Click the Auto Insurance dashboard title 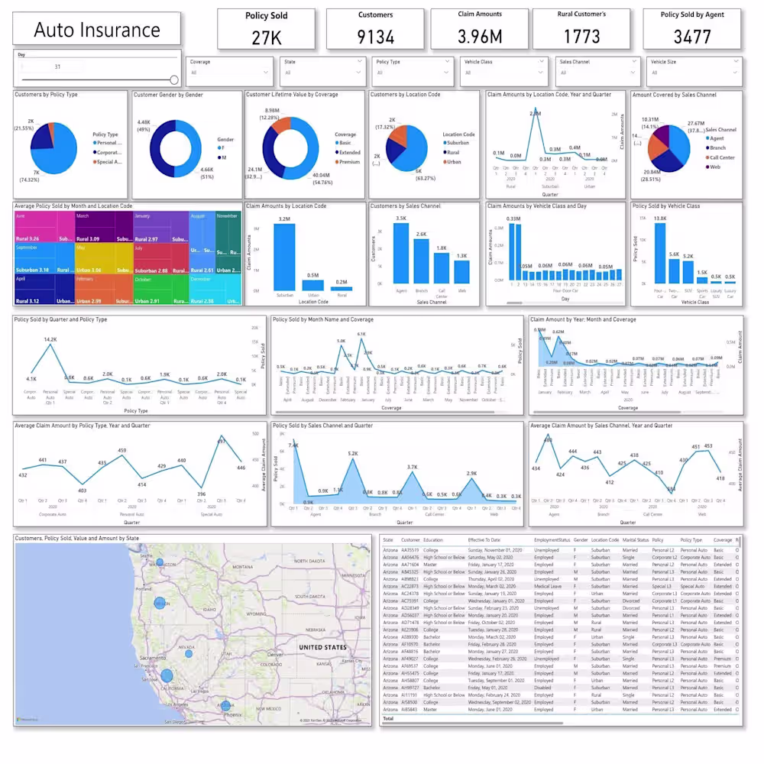97,31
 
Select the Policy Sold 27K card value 267,37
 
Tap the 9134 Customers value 375,37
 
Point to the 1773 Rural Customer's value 582,37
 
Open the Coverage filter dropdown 230,73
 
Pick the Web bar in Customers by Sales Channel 461,272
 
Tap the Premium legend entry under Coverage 350,162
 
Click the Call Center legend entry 722,157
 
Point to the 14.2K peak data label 50,339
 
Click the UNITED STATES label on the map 322,647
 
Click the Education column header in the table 433,540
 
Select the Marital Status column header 635,540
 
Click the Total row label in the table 388,718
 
